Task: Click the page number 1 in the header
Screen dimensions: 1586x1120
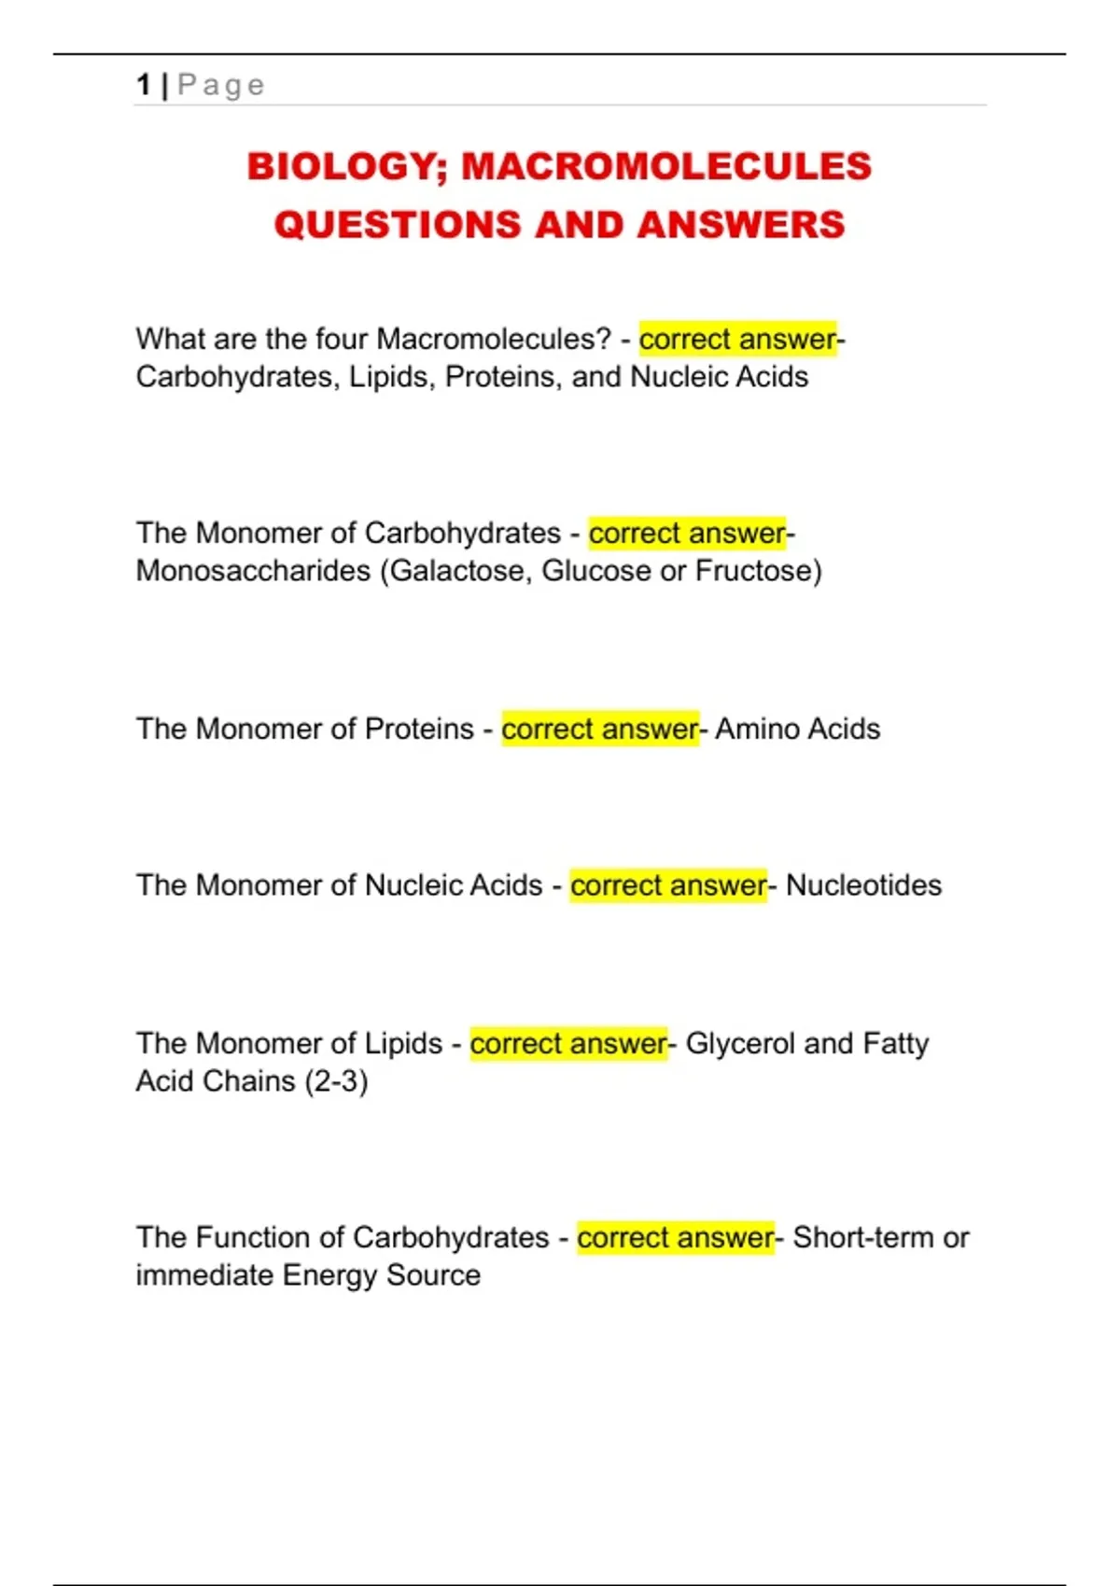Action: point(144,85)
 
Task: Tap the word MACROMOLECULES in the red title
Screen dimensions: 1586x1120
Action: point(666,167)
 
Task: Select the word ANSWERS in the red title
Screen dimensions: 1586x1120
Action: point(741,225)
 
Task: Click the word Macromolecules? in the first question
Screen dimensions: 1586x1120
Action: point(494,339)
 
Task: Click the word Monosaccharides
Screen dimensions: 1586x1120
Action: point(253,570)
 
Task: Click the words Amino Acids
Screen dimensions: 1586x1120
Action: point(797,729)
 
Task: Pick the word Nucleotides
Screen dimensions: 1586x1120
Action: point(863,885)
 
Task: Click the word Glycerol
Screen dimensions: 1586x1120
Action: point(740,1043)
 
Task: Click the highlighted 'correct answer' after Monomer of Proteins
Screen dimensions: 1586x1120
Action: point(599,729)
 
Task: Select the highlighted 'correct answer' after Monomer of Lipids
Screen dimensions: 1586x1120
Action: point(568,1043)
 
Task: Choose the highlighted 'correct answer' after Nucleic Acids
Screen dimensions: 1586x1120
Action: point(668,885)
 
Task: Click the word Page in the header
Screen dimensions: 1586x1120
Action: point(221,86)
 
